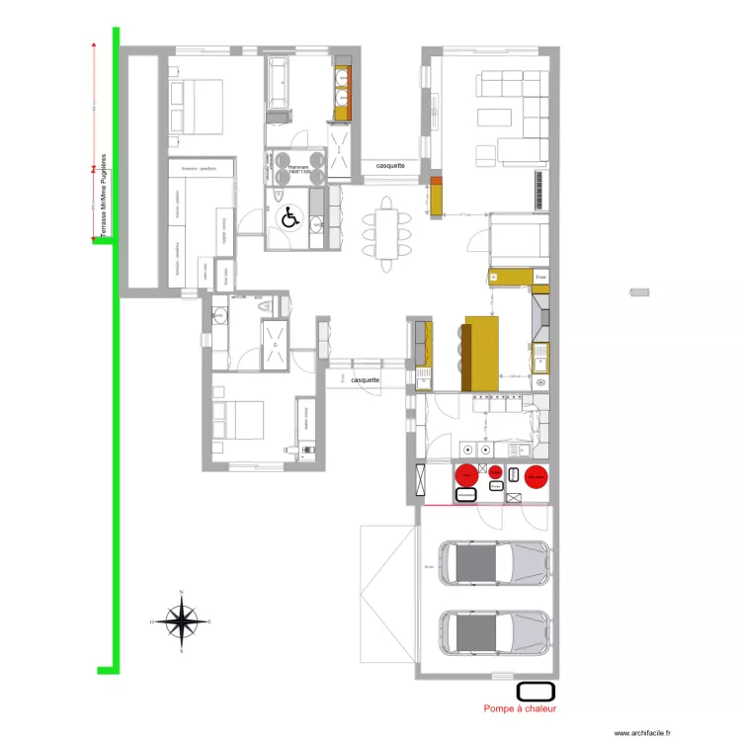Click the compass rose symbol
[181, 621]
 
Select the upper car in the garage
[495, 564]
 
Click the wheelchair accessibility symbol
[290, 217]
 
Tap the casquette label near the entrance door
[366, 379]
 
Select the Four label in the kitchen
[540, 279]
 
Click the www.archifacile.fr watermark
[641, 733]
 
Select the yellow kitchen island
[482, 353]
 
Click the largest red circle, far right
[535, 478]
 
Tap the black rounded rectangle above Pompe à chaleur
[535, 691]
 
